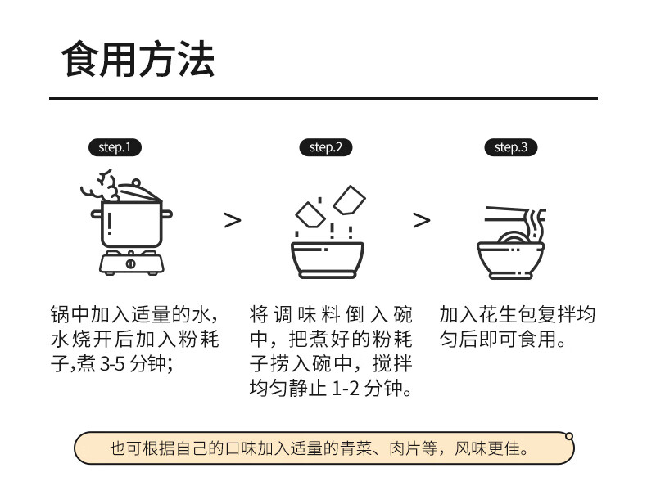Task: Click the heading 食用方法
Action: (x=138, y=60)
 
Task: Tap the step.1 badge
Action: (x=115, y=147)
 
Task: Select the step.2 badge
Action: (x=326, y=147)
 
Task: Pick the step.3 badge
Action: (x=511, y=147)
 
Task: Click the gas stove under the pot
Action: (x=131, y=263)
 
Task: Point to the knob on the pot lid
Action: (x=135, y=182)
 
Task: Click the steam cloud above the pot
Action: (x=101, y=186)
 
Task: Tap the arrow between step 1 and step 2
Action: (x=233, y=220)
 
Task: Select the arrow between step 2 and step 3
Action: (x=422, y=220)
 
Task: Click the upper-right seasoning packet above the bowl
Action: (x=350, y=200)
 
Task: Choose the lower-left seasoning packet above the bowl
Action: (x=310, y=214)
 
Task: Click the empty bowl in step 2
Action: (x=328, y=259)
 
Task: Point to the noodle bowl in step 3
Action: (x=511, y=260)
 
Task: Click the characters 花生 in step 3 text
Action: (x=499, y=314)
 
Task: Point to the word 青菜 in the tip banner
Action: (x=355, y=448)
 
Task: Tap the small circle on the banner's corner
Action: (x=569, y=436)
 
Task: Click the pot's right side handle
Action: (x=167, y=214)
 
